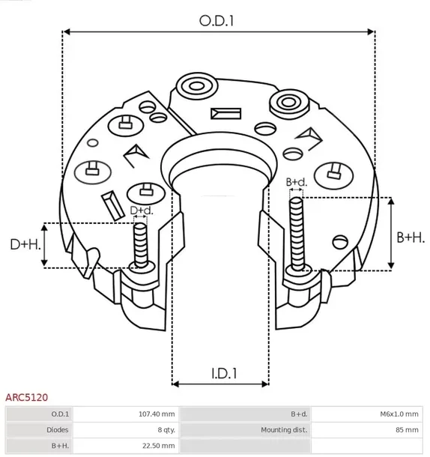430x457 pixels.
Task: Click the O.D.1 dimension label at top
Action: pyautogui.click(x=217, y=22)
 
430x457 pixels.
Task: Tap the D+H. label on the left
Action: pyautogui.click(x=24, y=244)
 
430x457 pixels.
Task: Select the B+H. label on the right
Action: pyautogui.click(x=410, y=237)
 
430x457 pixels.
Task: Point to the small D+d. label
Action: pyautogui.click(x=141, y=211)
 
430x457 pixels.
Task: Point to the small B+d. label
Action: pyautogui.click(x=297, y=182)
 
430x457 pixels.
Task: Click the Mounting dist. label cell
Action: pyautogui.click(x=284, y=429)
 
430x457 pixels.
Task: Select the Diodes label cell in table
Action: pyautogui.click(x=58, y=429)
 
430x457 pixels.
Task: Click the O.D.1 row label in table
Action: pyautogui.click(x=60, y=414)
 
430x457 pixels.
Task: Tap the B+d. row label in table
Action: pyautogui.click(x=299, y=414)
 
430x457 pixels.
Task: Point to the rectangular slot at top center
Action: pyautogui.click(x=223, y=114)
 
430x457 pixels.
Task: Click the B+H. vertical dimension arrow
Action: pyautogui.click(x=390, y=233)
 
